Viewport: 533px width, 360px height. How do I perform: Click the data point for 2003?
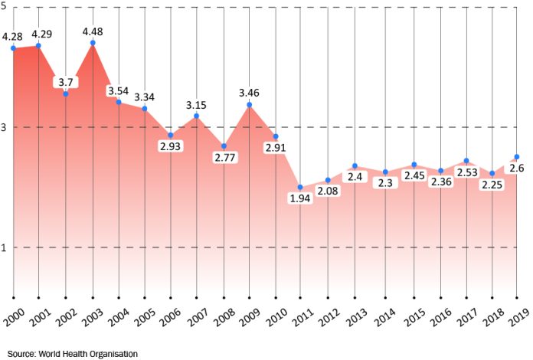(x=93, y=43)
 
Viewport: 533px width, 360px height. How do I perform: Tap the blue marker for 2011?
(x=300, y=188)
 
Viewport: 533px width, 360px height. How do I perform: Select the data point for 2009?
(x=249, y=104)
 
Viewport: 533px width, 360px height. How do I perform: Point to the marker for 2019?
(x=517, y=157)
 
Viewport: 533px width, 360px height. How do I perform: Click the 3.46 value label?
(x=250, y=93)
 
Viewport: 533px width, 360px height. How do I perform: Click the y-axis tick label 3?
(x=4, y=127)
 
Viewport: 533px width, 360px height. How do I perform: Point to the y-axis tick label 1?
(x=4, y=247)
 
